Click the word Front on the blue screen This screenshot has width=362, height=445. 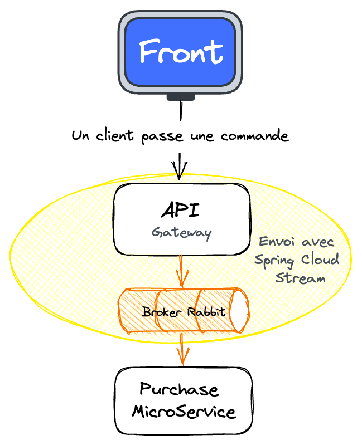click(x=181, y=52)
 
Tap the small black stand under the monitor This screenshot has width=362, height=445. click(x=181, y=98)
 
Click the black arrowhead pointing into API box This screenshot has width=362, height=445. click(x=180, y=170)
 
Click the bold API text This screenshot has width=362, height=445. click(x=181, y=211)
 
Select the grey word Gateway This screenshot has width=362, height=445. click(x=181, y=232)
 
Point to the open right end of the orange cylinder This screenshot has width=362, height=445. click(x=241, y=310)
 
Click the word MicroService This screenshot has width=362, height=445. click(x=184, y=412)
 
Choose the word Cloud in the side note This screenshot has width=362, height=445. click(x=319, y=260)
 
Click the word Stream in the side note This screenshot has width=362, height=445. click(x=300, y=278)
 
